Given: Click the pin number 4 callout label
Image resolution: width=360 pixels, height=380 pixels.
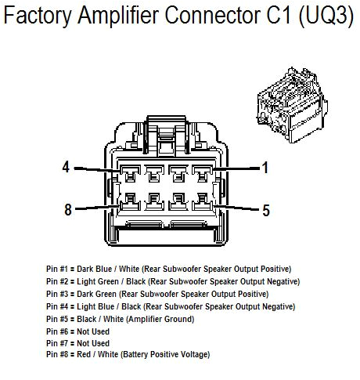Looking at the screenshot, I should [67, 167].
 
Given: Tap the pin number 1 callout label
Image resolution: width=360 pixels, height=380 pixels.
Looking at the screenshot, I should [265, 167].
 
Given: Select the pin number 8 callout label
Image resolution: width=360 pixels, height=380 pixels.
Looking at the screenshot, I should [67, 209].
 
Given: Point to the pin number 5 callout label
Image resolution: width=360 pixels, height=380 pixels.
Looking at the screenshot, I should [265, 209].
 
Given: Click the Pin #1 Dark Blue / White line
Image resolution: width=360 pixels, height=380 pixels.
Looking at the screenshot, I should [168, 269].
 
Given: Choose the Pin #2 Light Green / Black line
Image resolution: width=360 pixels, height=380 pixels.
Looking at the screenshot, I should [172, 281].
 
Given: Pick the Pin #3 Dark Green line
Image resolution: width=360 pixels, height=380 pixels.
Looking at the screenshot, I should [168, 294].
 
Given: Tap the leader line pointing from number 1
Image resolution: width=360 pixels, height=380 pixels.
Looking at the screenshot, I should [235, 168].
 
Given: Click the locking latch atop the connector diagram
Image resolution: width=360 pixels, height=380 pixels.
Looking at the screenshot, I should [166, 139].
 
